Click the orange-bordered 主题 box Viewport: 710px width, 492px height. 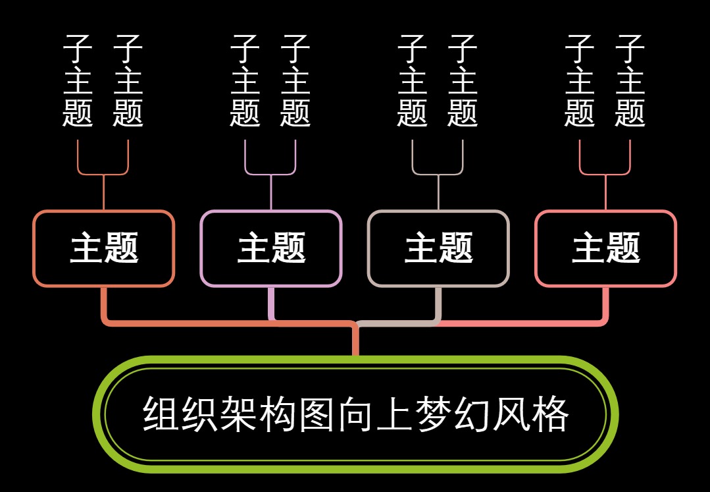(103, 248)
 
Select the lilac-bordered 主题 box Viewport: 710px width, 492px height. (271, 248)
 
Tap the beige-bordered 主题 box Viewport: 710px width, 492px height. (438, 248)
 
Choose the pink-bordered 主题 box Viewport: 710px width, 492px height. (605, 248)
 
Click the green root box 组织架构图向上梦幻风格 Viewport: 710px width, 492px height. (355, 414)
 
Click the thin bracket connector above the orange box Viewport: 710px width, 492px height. (103, 175)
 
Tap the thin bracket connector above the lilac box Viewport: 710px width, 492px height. (271, 175)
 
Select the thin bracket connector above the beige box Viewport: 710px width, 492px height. (438, 175)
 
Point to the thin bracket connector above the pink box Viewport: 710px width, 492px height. (605, 175)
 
